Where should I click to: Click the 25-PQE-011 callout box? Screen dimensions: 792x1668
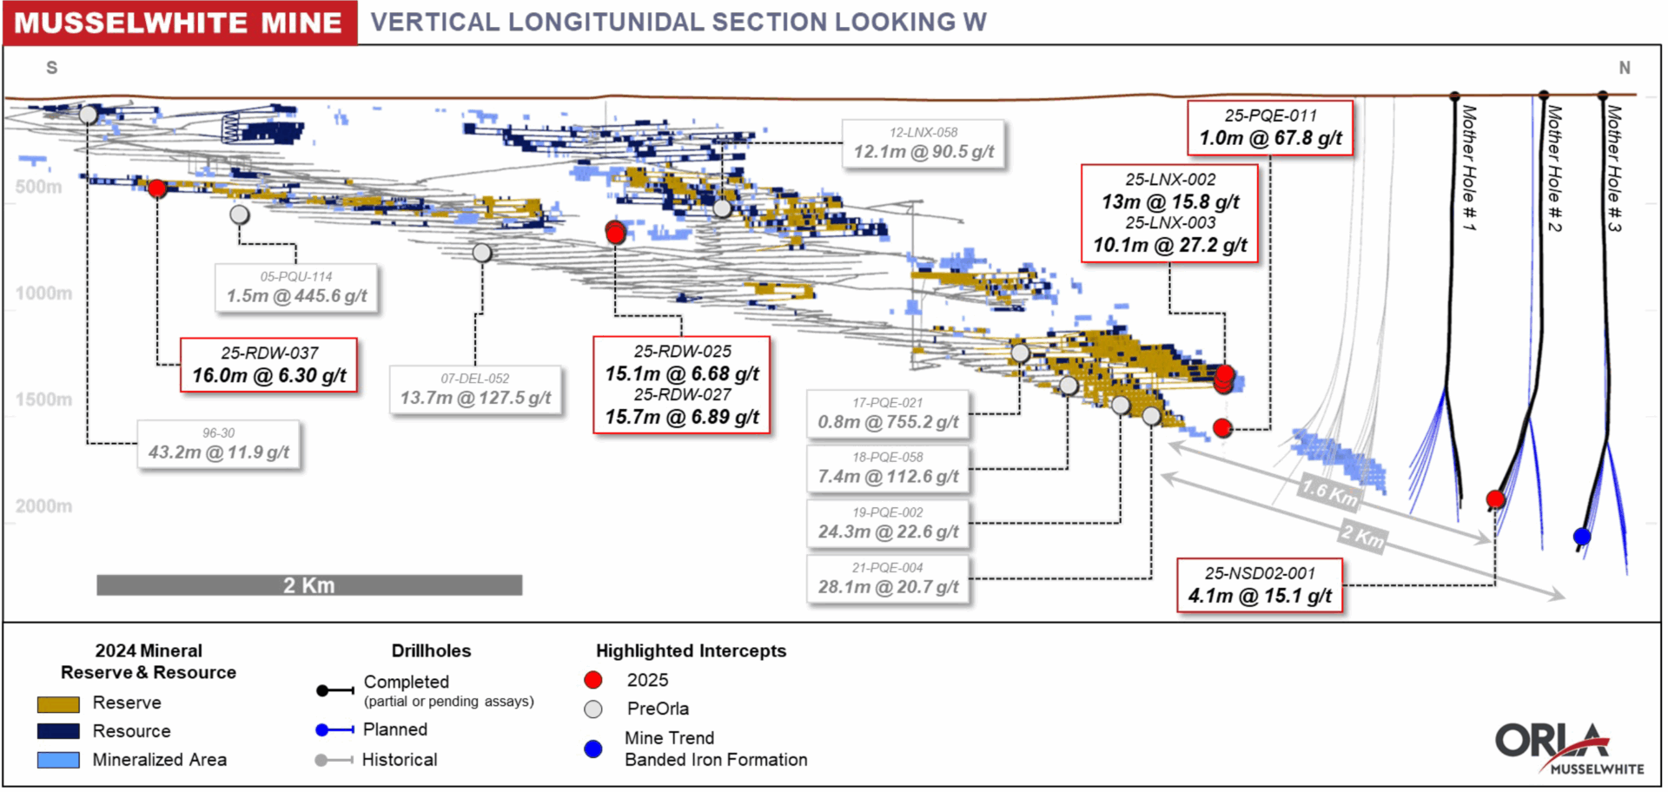pos(1270,128)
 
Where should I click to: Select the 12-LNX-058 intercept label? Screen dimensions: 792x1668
pos(923,143)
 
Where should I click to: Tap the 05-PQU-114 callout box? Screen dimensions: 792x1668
pos(296,287)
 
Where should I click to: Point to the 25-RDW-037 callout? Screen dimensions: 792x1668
pos(268,366)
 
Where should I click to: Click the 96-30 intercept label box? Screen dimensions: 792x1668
pos(218,444)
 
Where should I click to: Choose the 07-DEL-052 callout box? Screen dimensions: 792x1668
pos(475,390)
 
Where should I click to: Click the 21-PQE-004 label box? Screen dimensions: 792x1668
pos(887,579)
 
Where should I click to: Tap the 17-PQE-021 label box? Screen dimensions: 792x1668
pos(887,414)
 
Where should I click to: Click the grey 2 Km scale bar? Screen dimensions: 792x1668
pos(309,585)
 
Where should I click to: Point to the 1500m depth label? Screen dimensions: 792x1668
pos(43,399)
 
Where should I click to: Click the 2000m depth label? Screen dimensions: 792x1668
pos(43,506)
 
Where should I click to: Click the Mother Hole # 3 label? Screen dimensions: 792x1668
pos(1614,168)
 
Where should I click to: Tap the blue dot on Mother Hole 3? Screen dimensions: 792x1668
pos(1582,537)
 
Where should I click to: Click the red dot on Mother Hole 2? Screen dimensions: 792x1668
pos(1495,499)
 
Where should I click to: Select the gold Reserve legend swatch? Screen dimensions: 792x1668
pos(58,703)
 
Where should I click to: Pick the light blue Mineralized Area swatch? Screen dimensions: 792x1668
pos(58,760)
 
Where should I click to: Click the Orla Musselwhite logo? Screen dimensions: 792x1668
pos(1568,748)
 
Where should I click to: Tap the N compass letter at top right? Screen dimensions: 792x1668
pos(1624,68)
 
